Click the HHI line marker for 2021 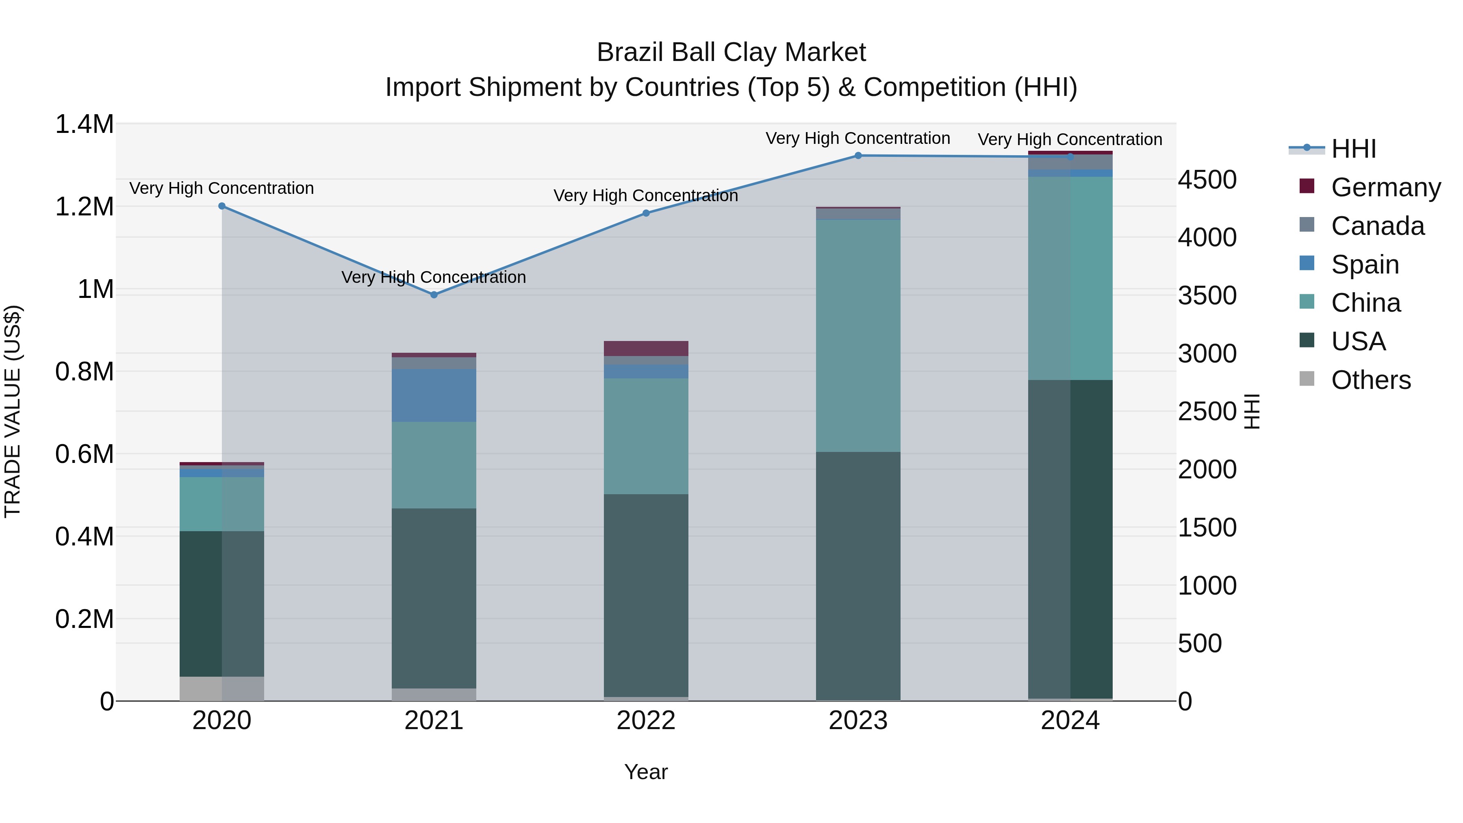[x=434, y=295]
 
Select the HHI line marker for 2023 [x=858, y=156]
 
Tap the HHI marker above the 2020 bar [x=222, y=206]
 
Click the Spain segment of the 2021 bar [x=434, y=395]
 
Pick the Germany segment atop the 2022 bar [x=646, y=348]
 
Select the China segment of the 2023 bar [x=858, y=335]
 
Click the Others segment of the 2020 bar [x=222, y=688]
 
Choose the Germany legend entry [x=1385, y=187]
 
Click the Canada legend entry [x=1377, y=226]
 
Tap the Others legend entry [x=1370, y=380]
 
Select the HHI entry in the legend [x=1353, y=149]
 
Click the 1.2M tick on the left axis [x=85, y=207]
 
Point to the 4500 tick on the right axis [x=1207, y=180]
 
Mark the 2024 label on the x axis [x=1070, y=721]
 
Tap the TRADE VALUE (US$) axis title [x=13, y=411]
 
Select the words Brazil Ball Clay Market [x=731, y=52]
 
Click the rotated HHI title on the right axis [x=1251, y=411]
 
